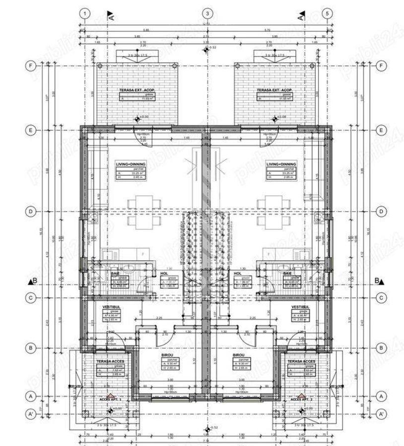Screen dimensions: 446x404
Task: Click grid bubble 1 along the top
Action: click(x=86, y=13)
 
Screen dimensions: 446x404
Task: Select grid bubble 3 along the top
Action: click(x=207, y=13)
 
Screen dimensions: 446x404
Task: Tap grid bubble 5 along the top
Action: click(x=327, y=13)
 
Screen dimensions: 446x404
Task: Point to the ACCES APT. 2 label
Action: click(x=301, y=399)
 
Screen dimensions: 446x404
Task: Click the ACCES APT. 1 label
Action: click(x=110, y=399)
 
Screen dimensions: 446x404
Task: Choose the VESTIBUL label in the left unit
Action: click(x=112, y=308)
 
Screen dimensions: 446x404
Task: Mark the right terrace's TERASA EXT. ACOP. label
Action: click(x=274, y=91)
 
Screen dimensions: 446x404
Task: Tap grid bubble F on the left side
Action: click(x=31, y=65)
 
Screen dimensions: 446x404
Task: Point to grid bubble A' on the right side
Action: click(x=382, y=413)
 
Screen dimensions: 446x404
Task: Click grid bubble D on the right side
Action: click(x=382, y=212)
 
